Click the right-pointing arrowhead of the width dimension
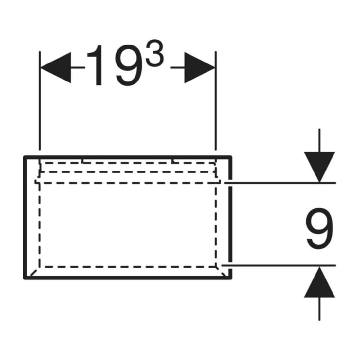coord(200,68)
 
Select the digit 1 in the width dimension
coord(96,65)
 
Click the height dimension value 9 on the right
coord(319,229)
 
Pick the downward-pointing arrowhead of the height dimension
coord(319,167)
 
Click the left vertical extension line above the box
coord(40,100)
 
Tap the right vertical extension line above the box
coord(216,100)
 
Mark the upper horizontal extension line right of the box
coord(280,183)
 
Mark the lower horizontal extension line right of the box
coord(279,266)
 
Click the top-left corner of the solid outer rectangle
coord(24,157)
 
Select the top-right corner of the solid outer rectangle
coord(231,157)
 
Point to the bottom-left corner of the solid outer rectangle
coord(24,278)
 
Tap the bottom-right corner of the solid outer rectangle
coord(231,278)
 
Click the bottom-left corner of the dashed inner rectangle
coord(40,267)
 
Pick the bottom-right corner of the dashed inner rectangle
coord(216,267)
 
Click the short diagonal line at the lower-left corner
coord(33,273)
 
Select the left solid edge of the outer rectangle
coord(24,217)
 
